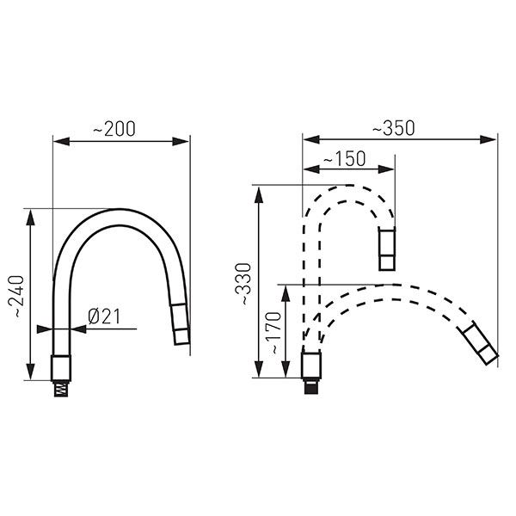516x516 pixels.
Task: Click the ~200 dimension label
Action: tap(114, 129)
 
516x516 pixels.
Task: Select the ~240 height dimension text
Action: tap(15, 297)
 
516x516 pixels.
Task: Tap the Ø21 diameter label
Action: tap(104, 316)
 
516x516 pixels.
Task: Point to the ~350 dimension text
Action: tap(394, 128)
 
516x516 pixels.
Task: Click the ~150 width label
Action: tap(345, 158)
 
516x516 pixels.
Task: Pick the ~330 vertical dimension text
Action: tap(243, 284)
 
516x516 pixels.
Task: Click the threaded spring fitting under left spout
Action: tap(61, 389)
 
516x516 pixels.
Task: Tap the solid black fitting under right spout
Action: tap(311, 386)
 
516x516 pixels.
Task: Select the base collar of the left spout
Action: tap(61, 368)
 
